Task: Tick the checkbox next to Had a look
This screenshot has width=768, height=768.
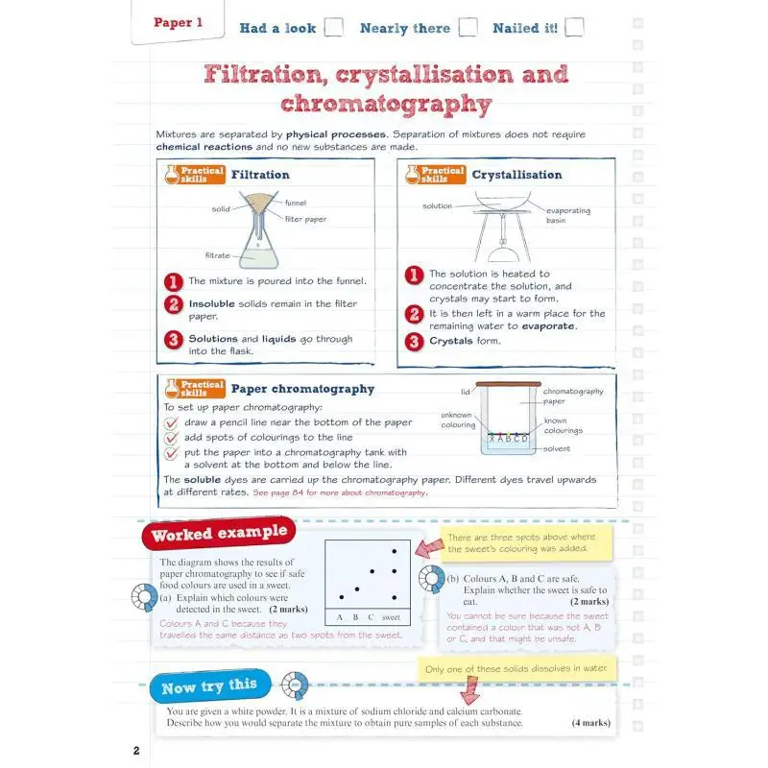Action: [x=333, y=28]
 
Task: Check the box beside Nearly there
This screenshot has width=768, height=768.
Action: [x=468, y=28]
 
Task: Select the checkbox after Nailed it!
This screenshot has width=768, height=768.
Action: [x=574, y=28]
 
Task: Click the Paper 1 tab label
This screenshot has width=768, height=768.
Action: [x=179, y=23]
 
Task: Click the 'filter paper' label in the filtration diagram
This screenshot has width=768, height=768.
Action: [x=305, y=219]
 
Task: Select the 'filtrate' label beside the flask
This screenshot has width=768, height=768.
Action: [x=217, y=255]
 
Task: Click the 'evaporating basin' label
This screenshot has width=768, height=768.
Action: [x=568, y=215]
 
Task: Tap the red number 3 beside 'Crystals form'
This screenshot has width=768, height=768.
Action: [x=413, y=341]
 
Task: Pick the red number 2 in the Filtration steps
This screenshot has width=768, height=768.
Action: [x=173, y=304]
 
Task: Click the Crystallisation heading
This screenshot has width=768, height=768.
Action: [x=516, y=175]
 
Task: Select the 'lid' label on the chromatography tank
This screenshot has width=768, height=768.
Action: [x=466, y=392]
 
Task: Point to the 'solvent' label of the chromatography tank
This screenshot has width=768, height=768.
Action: [x=557, y=448]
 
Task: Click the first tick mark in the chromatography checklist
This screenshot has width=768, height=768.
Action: [x=171, y=422]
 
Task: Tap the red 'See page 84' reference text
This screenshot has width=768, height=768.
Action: [x=339, y=492]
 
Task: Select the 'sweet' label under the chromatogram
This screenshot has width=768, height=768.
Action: [x=391, y=617]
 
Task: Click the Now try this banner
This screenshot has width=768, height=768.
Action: [x=209, y=686]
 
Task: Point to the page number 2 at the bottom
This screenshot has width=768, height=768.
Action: [x=136, y=749]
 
